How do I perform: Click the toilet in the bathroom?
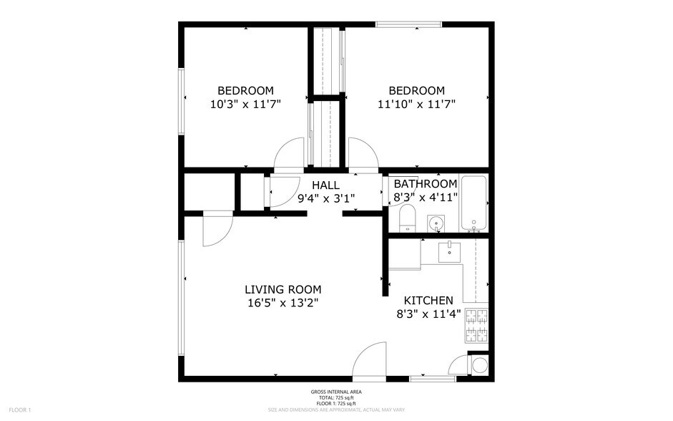tap(407, 218)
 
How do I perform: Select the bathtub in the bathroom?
tap(473, 203)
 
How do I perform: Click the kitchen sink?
tap(449, 251)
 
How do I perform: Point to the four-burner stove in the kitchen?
tap(476, 326)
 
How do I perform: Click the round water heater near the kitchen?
tap(478, 366)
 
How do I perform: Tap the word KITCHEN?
tap(428, 301)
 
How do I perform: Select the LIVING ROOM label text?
tap(283, 289)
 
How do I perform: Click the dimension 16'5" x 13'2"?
tap(283, 303)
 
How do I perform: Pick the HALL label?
tap(325, 185)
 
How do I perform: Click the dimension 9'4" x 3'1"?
tap(325, 198)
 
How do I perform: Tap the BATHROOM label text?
tap(425, 184)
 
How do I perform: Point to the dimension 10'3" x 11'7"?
tap(245, 104)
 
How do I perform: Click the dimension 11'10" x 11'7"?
tap(416, 104)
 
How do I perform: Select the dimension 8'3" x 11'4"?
tap(428, 314)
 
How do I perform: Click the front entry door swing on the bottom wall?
tap(370, 362)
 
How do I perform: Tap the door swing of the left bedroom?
tap(290, 155)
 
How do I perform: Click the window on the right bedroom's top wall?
tap(409, 25)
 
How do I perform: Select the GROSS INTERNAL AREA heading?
tap(336, 392)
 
